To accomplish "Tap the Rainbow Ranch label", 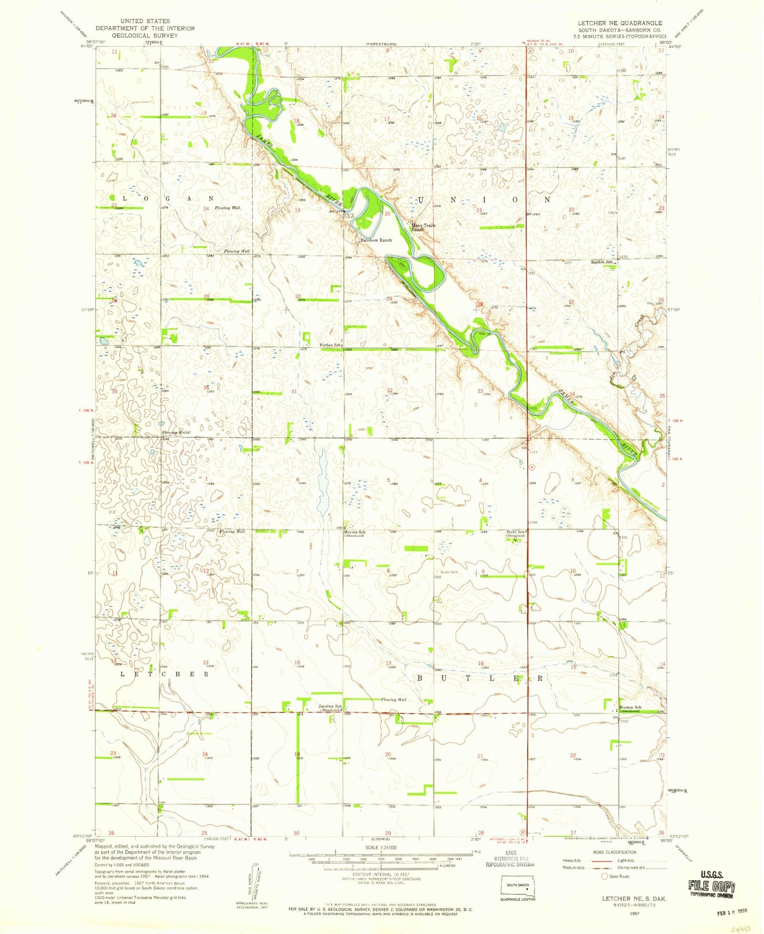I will [376, 240].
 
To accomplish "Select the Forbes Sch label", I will [329, 345].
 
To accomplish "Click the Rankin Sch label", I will [602, 262].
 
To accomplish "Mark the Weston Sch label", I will [630, 708].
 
